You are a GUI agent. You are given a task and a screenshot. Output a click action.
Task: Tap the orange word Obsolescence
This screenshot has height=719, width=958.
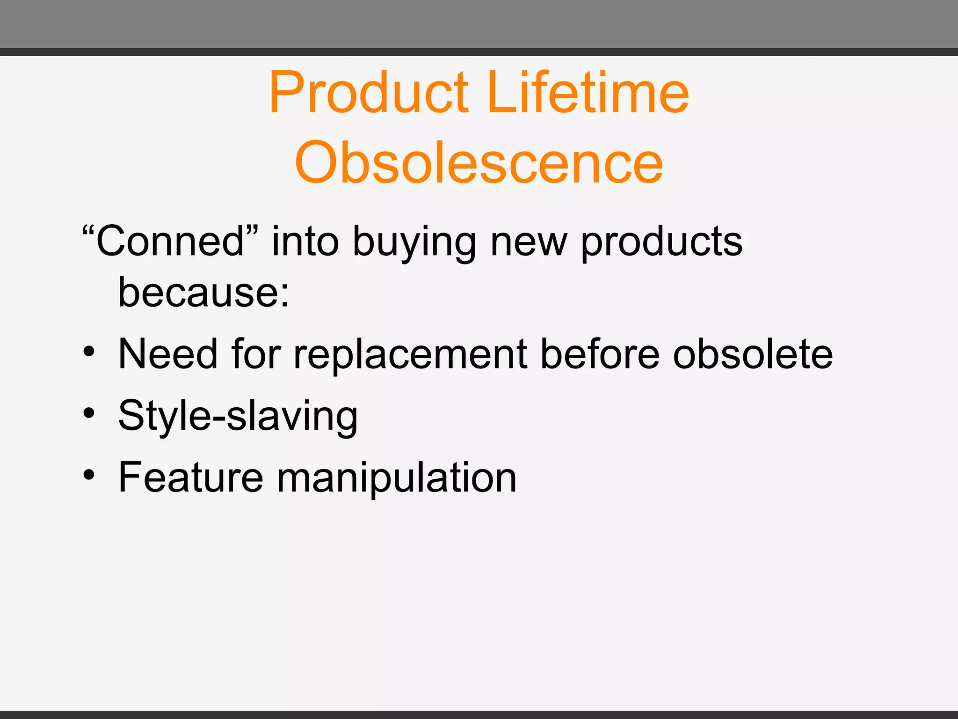coord(479,162)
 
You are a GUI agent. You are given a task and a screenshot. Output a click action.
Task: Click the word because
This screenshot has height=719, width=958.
coord(199,293)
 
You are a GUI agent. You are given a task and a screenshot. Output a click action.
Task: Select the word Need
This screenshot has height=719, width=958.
coord(168,354)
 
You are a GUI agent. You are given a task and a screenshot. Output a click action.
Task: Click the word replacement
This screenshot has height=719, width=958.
coord(410,356)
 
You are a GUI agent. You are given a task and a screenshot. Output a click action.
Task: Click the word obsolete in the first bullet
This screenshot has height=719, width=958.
coord(753,354)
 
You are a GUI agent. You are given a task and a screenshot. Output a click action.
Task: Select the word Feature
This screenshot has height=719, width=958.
coord(191,478)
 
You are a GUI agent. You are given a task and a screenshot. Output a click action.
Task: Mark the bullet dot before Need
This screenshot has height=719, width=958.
coord(89,352)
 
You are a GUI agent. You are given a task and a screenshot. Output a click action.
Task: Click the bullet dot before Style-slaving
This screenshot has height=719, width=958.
coord(89,413)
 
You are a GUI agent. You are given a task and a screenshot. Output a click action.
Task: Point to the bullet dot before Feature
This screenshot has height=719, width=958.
coord(89,475)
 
